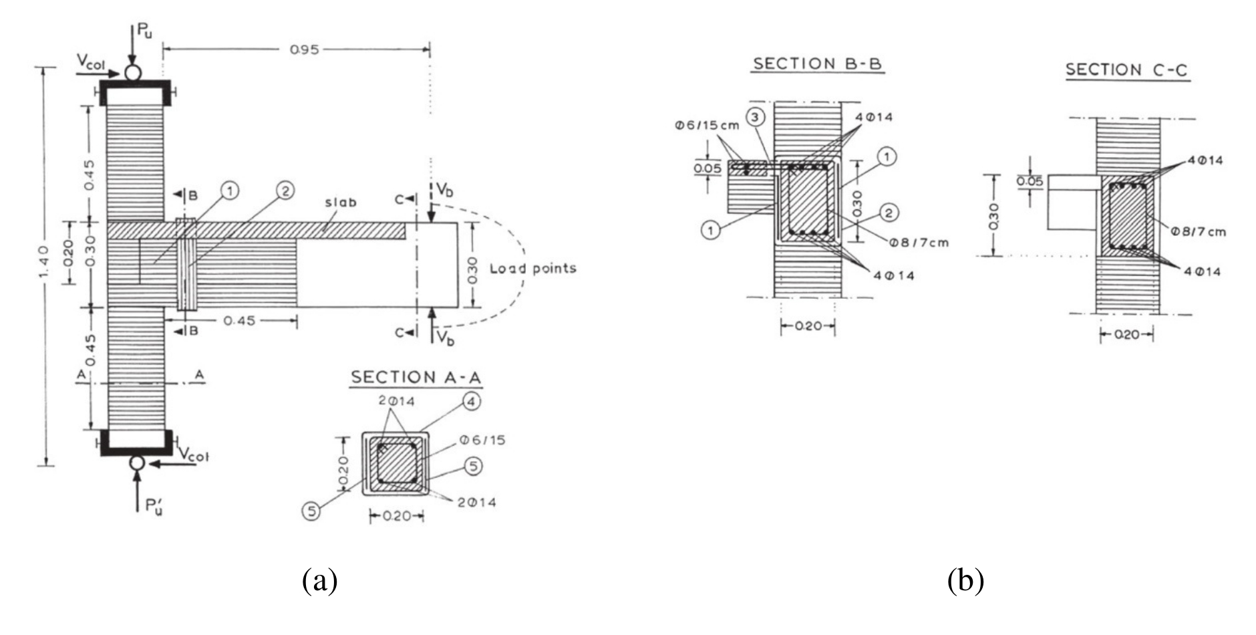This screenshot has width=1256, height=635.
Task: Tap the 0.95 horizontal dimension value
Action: tap(304, 49)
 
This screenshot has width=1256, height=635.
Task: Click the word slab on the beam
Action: tap(340, 202)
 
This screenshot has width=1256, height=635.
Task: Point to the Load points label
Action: tap(532, 269)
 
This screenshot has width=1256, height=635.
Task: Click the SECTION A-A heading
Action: tap(416, 377)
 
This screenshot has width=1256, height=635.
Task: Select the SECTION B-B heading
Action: tap(818, 64)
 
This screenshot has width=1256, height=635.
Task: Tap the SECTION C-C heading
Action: tap(1127, 70)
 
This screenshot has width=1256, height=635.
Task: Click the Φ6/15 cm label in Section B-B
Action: tap(707, 126)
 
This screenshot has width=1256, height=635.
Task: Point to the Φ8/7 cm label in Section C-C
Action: tap(1198, 232)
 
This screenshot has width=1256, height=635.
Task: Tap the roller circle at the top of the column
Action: tap(133, 72)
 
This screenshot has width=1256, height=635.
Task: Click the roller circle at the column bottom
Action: tap(137, 463)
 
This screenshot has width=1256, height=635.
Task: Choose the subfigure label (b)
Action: tap(966, 580)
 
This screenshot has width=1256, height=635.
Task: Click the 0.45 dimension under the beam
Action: tap(239, 321)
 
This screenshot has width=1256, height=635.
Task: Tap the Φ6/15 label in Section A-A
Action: tap(482, 440)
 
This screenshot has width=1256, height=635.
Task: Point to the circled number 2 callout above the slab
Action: tap(285, 191)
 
